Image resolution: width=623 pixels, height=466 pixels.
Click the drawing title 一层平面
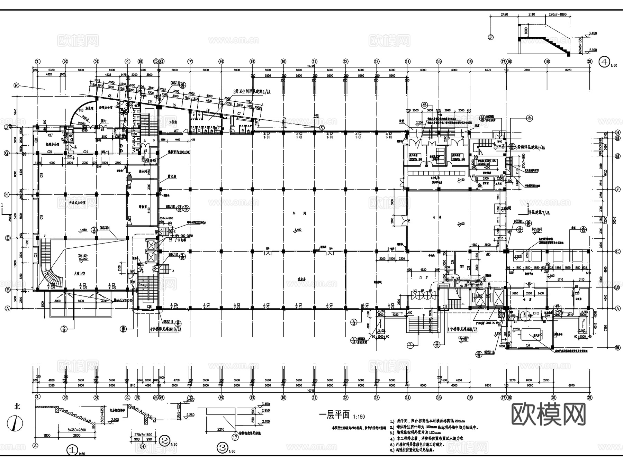pos(334,415)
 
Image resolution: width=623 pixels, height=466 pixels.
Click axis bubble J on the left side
pos(6,127)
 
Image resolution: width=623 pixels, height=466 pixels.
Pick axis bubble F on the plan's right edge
pos(617,189)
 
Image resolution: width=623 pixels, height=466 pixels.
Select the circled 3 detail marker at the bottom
pos(222,448)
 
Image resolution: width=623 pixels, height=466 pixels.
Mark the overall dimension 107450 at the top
pos(311,66)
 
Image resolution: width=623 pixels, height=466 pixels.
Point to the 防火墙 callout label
pos(172,176)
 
